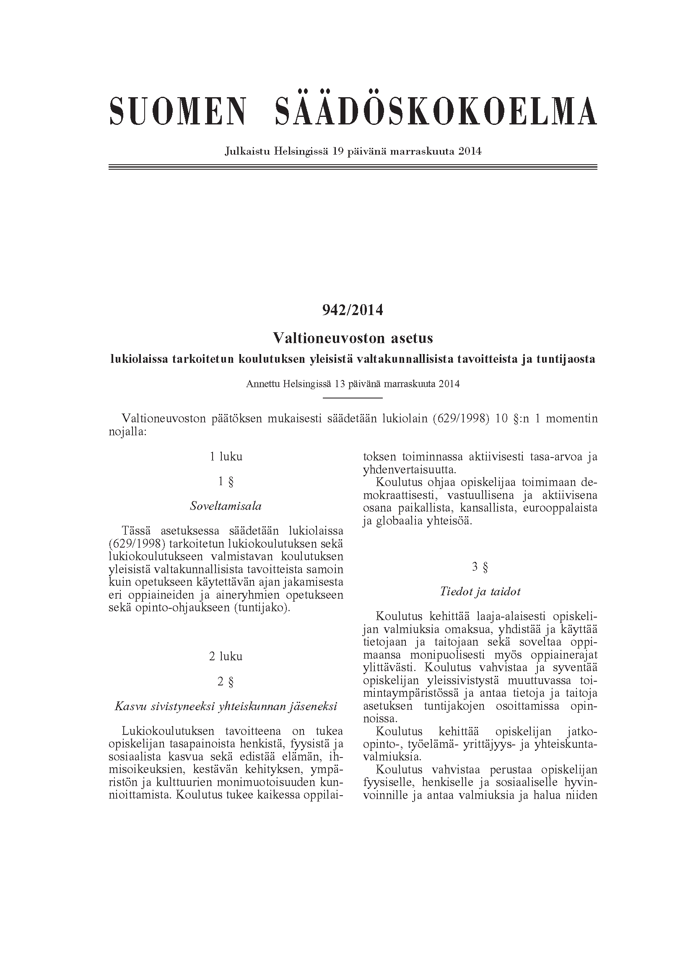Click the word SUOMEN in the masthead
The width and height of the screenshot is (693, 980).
coord(178,111)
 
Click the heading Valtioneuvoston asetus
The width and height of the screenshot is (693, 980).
coord(353,339)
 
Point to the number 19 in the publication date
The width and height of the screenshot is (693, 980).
coord(338,151)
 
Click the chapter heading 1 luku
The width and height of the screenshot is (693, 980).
coord(226,457)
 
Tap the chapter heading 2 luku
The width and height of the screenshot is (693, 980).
coord(226,656)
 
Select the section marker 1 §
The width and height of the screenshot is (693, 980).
coord(226,482)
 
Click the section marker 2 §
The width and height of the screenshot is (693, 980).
coord(226,682)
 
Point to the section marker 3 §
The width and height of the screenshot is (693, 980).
coord(480,567)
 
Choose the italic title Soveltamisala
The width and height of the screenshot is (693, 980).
coord(226,507)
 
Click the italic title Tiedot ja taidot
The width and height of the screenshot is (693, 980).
coord(480,592)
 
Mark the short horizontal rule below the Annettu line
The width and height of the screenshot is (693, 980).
coord(353,398)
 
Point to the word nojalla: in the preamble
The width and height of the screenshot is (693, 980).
coord(127,432)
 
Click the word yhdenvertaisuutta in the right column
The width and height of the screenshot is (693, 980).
coord(409,470)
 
